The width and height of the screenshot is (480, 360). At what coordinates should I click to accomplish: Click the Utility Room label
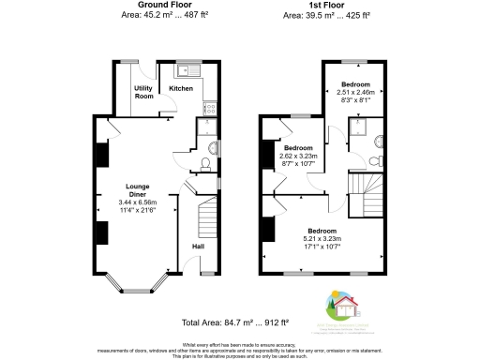pos(143,92)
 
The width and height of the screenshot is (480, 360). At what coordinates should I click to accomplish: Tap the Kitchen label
pos(181,88)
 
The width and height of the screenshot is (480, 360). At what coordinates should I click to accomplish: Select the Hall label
pos(198,247)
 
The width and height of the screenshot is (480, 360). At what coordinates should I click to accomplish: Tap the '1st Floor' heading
pos(328,5)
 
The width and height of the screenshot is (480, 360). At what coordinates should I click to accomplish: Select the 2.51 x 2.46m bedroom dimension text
pos(356,93)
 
